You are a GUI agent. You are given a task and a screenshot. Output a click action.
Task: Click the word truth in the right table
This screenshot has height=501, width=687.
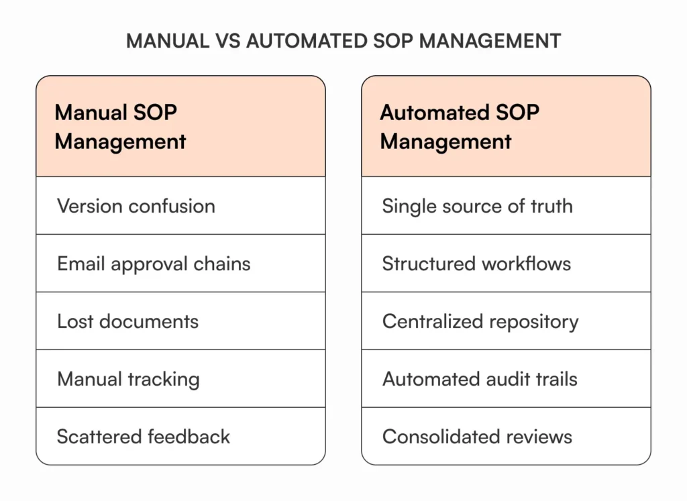(552, 206)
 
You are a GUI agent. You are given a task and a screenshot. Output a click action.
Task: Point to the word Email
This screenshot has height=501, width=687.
(81, 264)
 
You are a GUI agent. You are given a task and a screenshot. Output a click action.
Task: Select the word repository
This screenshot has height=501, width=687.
(533, 322)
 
